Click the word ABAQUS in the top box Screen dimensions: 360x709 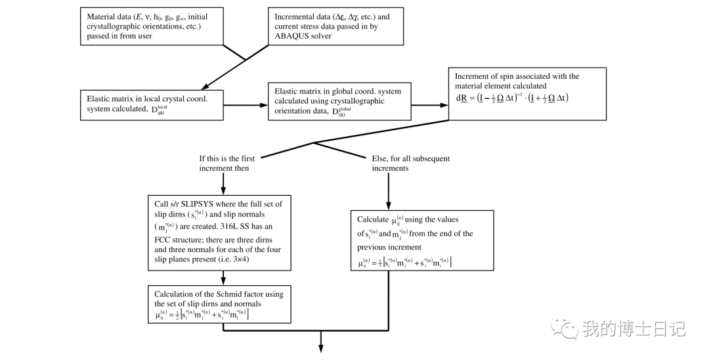(x=295, y=36)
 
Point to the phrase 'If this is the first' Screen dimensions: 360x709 (x=227, y=158)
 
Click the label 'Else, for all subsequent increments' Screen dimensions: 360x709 (x=411, y=163)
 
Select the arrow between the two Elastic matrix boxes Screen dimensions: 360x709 (x=247, y=104)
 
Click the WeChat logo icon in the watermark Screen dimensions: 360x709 (x=564, y=326)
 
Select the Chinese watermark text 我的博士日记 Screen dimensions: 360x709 (x=634, y=328)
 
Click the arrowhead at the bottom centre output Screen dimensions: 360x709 (x=321, y=348)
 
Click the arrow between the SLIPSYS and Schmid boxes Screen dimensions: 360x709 (x=223, y=277)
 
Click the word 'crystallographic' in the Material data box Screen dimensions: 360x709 (x=119, y=26)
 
